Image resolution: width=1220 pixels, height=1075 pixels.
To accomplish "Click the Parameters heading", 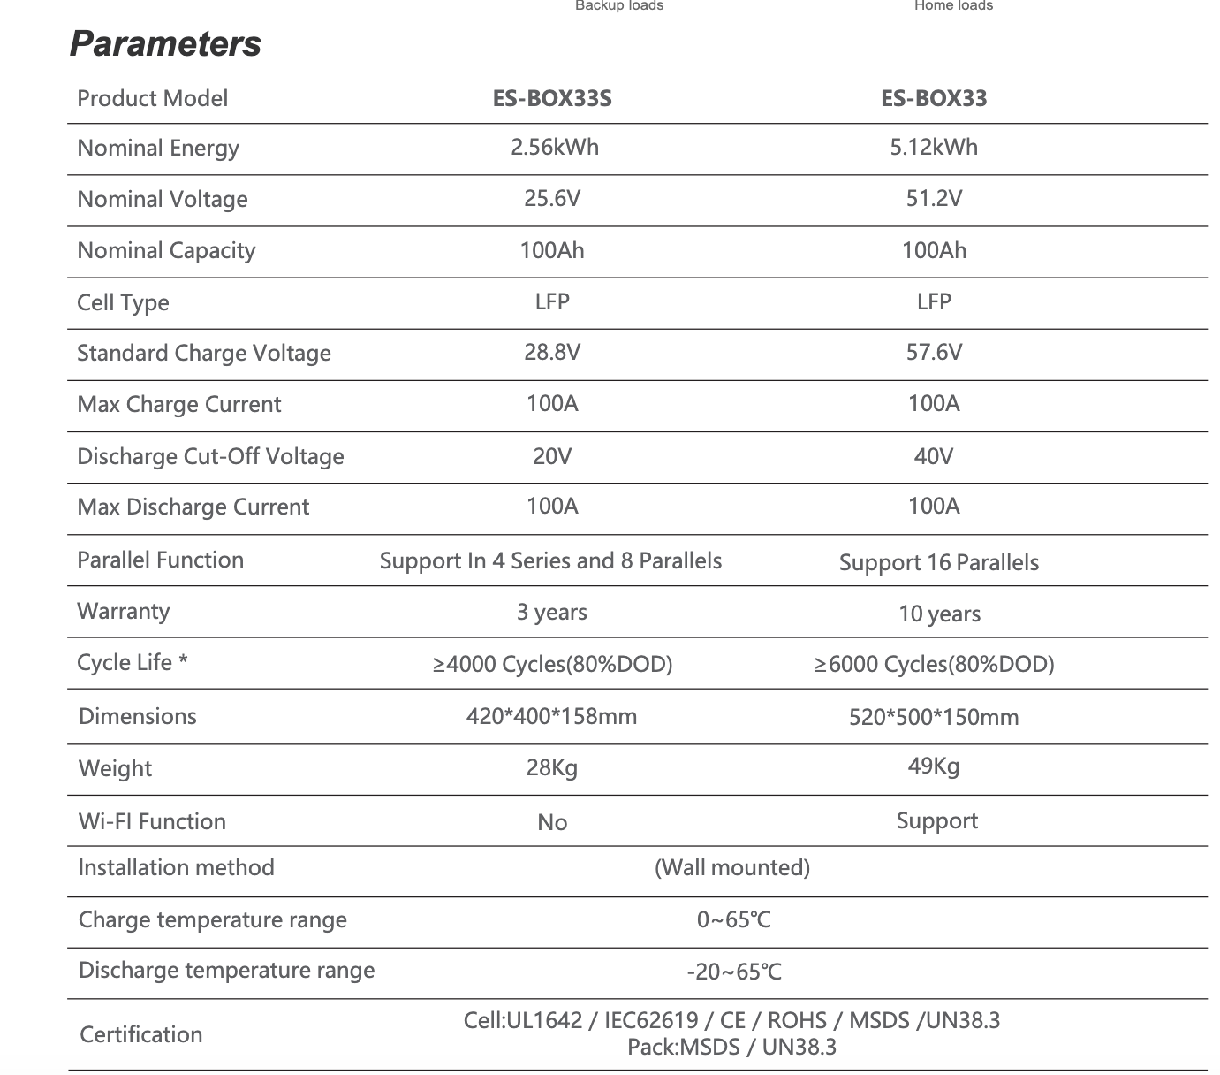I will (165, 44).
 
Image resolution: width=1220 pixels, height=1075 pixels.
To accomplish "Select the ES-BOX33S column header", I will (552, 98).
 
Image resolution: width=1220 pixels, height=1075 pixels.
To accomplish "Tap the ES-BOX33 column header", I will (934, 98).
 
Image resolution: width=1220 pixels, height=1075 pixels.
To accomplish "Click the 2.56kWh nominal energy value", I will (554, 147).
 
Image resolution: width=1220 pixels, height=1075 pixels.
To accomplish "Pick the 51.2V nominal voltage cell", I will (934, 198).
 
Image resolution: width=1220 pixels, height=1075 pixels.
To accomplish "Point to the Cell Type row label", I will (123, 302).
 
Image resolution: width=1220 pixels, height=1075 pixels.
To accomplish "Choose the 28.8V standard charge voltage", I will (552, 353).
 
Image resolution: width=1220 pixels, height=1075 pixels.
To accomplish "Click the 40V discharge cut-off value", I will (934, 456).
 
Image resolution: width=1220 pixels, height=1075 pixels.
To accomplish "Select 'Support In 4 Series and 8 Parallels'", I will (550, 561).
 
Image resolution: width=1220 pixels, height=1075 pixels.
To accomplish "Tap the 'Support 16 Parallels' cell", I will (938, 563).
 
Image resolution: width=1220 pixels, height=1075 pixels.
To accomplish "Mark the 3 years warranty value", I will (552, 613).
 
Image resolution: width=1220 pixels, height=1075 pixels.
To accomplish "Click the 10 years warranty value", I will (939, 614).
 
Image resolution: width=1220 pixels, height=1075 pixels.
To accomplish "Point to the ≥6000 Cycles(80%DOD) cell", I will (934, 665).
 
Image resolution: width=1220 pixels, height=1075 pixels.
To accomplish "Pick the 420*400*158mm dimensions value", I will (551, 717).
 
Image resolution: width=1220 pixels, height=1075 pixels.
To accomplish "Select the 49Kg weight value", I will (934, 766).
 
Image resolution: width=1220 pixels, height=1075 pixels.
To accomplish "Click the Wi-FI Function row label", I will (152, 822).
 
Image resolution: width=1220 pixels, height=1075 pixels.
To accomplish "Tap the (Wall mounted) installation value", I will (732, 868).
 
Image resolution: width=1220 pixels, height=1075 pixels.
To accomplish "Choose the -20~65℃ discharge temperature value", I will (734, 972).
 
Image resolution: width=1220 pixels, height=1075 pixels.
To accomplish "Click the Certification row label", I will (140, 1035).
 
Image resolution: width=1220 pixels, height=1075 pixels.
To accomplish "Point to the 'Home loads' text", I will (953, 6).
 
